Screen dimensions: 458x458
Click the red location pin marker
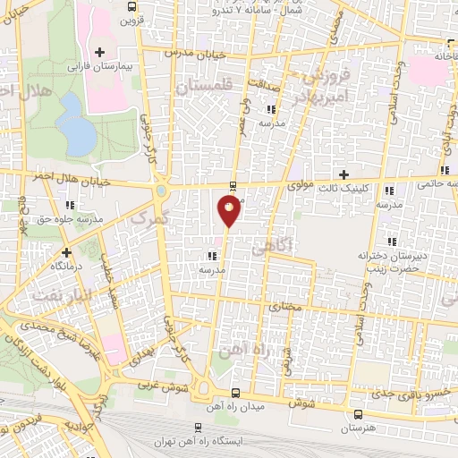point(229,210)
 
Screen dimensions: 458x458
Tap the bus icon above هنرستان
point(358,414)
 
